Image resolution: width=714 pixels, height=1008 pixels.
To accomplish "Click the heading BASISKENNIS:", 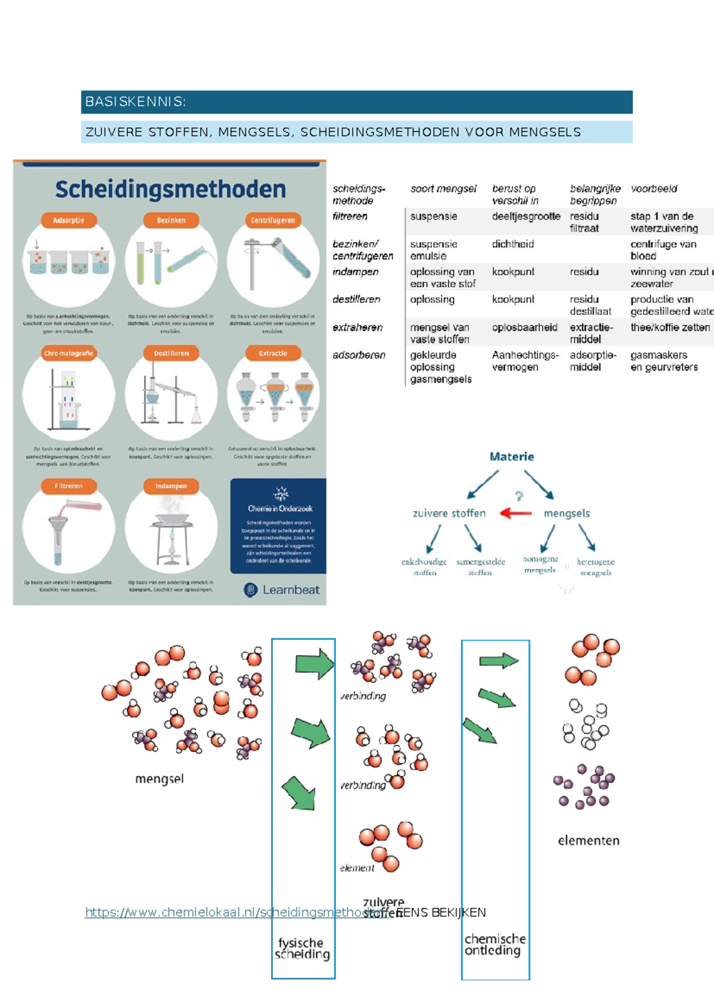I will coord(136,102).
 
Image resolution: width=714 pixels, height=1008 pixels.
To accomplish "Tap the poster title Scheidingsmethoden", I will coord(170,190).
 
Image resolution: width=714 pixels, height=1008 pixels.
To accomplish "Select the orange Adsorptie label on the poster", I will coord(68,220).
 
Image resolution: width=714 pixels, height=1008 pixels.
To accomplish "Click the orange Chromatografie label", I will coord(68,353).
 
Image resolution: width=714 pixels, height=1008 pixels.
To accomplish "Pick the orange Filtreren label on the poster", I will coord(68,486).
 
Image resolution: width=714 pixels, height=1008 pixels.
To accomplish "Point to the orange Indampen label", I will coord(171,486).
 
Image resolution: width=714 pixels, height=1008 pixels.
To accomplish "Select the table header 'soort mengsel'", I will coord(443,189).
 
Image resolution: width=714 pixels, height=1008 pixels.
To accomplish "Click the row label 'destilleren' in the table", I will coord(356,300).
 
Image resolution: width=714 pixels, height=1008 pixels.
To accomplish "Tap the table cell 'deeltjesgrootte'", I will coord(526,216).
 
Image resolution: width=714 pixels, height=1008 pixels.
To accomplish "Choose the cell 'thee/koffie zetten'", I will coord(670,327).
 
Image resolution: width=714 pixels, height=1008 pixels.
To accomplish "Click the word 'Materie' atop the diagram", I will coord(512,456).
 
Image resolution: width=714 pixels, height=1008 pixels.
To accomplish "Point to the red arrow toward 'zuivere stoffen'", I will coord(516,513).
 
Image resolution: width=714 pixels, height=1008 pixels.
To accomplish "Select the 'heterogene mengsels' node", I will coord(596,567).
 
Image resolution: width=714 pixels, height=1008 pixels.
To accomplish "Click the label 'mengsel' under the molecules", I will coord(159,779).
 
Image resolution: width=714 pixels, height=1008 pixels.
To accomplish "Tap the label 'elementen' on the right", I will coord(588,840).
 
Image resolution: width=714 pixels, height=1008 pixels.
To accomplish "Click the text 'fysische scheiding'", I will coord(302,949).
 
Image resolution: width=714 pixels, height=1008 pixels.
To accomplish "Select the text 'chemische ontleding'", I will coord(495,944).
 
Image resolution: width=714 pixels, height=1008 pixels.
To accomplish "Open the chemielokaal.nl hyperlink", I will coord(238,912).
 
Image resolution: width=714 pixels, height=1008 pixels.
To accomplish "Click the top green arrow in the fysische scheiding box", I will coord(315,664).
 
